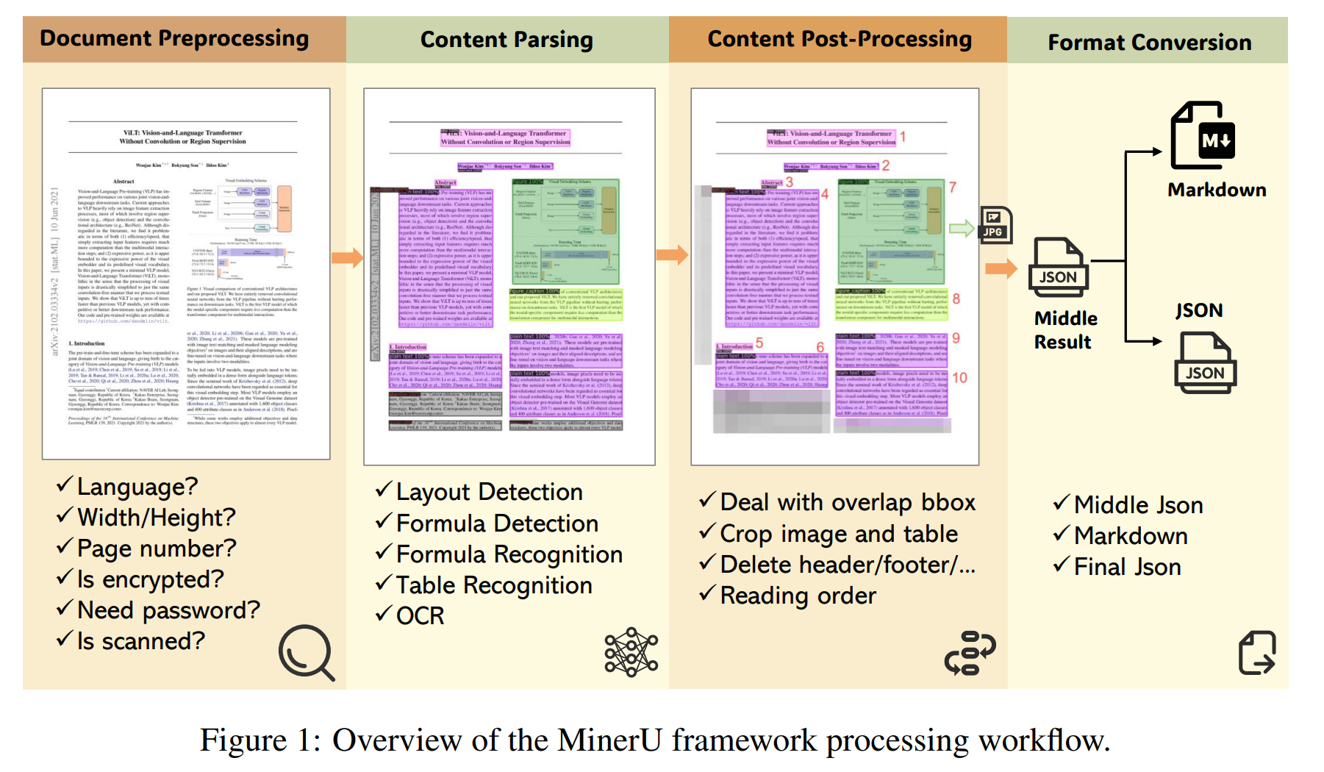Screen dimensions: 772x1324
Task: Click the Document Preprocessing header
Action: coord(174,38)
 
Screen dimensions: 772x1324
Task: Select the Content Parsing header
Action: coord(507,40)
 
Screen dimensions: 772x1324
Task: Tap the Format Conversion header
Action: coord(1149,43)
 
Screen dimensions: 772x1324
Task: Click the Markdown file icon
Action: coord(1203,137)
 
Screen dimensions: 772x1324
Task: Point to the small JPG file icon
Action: coord(995,225)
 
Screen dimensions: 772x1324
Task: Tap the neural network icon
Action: coord(631,652)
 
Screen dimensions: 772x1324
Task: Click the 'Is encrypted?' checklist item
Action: coord(150,579)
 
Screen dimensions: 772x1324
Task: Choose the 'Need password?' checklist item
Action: coord(168,610)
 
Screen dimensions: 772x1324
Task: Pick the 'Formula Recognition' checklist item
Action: coord(509,554)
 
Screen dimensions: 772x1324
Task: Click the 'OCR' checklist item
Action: coord(420,616)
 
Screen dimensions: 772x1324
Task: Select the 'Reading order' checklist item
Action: coord(798,596)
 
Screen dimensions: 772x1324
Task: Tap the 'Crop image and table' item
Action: coord(839,534)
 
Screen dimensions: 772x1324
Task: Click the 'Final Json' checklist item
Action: coord(1127,567)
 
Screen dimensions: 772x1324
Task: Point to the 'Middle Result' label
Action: coord(1064,330)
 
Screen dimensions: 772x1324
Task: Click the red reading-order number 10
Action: coord(960,378)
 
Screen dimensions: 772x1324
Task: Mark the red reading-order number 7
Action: coord(953,187)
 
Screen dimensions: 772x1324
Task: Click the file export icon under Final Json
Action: coord(1257,653)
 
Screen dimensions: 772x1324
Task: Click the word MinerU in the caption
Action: coord(609,740)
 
